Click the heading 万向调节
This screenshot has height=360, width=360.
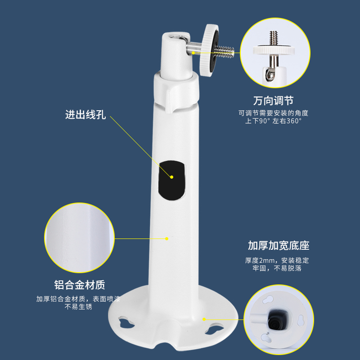click(x=273, y=100)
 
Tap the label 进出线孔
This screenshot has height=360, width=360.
click(x=85, y=115)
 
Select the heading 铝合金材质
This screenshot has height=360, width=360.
click(x=80, y=285)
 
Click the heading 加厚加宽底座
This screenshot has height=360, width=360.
click(x=279, y=245)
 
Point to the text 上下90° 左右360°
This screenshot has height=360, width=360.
click(x=273, y=121)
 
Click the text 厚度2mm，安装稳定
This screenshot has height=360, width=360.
click(x=277, y=261)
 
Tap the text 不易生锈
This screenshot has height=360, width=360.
click(x=78, y=307)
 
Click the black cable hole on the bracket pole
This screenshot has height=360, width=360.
click(x=172, y=180)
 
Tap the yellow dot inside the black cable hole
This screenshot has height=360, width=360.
click(x=172, y=177)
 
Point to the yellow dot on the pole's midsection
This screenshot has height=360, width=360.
click(x=167, y=239)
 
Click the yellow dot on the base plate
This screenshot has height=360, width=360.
click(x=204, y=319)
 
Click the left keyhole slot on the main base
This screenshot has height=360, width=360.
click(x=126, y=322)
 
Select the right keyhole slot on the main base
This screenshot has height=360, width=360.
click(x=214, y=329)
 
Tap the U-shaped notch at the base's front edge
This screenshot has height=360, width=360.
click(x=166, y=344)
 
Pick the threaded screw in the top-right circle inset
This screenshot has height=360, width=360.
click(x=274, y=38)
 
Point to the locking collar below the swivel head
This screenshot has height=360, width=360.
click(x=175, y=92)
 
